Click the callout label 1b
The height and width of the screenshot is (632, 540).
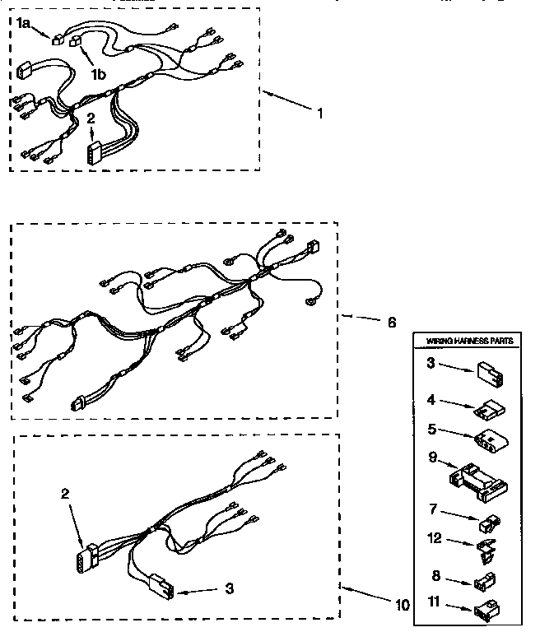click(x=98, y=74)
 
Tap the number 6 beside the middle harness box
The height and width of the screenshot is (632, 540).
click(x=391, y=322)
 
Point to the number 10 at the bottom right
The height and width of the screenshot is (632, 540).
click(x=402, y=605)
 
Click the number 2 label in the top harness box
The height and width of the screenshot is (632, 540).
click(x=91, y=118)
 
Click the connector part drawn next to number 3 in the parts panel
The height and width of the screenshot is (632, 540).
click(x=486, y=375)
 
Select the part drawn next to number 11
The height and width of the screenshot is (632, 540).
click(x=486, y=610)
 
